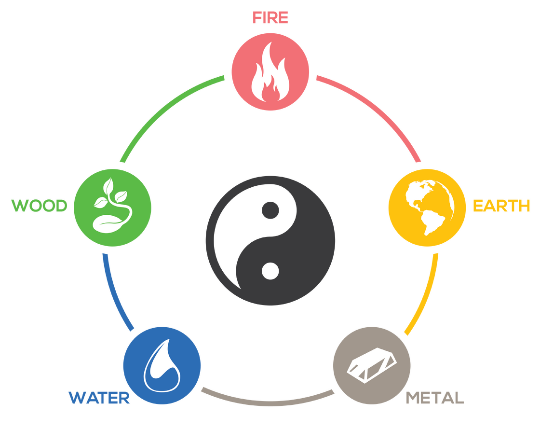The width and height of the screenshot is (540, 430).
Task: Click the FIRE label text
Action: [270, 18]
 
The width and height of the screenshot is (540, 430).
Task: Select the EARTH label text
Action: [501, 206]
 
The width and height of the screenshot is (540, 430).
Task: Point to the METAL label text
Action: [434, 398]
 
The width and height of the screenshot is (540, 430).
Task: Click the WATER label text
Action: [99, 398]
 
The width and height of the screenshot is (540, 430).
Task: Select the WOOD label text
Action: [40, 206]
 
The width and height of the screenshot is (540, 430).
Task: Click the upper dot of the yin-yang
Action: [270, 210]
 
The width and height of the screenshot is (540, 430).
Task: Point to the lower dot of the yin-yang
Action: [270, 271]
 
